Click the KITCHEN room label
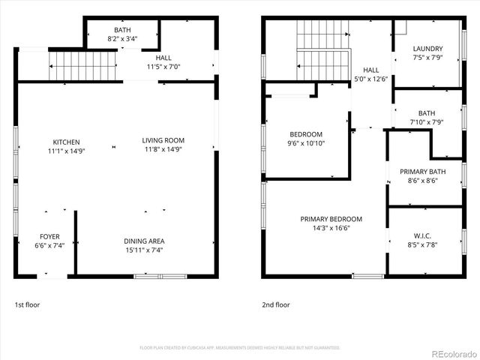(x=66, y=142)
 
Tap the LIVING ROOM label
(x=163, y=140)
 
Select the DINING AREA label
(x=144, y=241)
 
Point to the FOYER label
(x=49, y=237)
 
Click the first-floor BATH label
(x=122, y=29)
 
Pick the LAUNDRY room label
(x=427, y=49)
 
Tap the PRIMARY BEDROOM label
(x=331, y=219)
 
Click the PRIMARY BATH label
(x=423, y=171)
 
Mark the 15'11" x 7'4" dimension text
(x=144, y=250)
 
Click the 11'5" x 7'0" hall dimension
(x=163, y=67)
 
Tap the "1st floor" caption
(x=28, y=305)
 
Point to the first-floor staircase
(x=83, y=66)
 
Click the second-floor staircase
(x=323, y=50)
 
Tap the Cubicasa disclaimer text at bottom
(x=240, y=347)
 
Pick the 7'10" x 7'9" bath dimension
(x=427, y=122)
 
